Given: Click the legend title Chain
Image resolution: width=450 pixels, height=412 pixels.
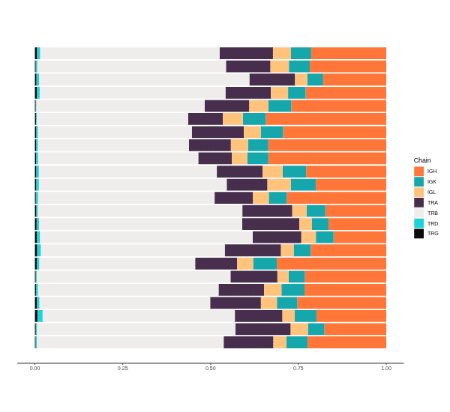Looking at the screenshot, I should click(x=422, y=160).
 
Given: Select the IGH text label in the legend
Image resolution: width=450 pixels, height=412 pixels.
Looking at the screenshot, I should click(x=432, y=172).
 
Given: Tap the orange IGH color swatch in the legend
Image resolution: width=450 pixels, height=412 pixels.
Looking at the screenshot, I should click(x=418, y=172).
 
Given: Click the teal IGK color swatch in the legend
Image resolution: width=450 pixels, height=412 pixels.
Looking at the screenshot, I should click(x=418, y=182).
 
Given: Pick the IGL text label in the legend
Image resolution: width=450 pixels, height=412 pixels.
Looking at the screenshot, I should click(x=431, y=193).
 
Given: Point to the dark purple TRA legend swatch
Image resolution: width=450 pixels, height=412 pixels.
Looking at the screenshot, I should click(x=418, y=202).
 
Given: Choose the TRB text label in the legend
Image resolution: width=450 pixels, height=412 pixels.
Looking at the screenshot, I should click(x=433, y=213).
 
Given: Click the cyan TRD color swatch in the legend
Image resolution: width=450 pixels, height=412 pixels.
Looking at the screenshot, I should click(x=418, y=223).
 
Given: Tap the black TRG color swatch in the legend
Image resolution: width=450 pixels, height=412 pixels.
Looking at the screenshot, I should click(x=418, y=234).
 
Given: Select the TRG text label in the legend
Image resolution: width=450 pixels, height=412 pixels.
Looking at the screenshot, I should click(x=433, y=234).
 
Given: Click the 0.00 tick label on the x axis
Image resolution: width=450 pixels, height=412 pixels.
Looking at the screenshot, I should click(x=35, y=369).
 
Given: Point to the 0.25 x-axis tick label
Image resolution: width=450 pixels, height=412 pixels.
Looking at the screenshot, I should click(x=123, y=369).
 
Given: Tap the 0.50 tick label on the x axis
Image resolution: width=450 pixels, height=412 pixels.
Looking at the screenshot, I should click(x=211, y=369).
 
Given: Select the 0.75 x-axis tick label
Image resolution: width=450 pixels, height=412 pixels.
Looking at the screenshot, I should click(x=298, y=369).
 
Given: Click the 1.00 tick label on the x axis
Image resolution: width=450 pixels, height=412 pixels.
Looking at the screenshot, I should click(x=386, y=369).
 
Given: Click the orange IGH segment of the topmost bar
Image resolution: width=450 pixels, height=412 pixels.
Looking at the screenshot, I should click(x=349, y=53).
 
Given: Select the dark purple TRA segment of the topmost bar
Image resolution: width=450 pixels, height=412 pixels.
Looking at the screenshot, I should click(x=246, y=53).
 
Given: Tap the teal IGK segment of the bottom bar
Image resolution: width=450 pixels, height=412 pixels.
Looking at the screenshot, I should click(x=296, y=342).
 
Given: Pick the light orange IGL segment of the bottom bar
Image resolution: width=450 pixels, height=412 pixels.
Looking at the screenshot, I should click(x=280, y=342).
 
